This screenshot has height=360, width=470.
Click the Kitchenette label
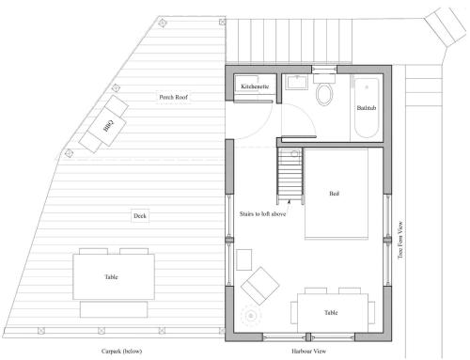pyautogui.click(x=255, y=86)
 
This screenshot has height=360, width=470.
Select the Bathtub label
pyautogui.click(x=367, y=108)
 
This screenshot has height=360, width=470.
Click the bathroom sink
pyautogui.click(x=296, y=82)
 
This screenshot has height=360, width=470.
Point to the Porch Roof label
pyautogui.click(x=173, y=97)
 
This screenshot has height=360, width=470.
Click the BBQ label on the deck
pyautogui.click(x=108, y=125)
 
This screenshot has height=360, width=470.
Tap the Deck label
pyautogui.click(x=140, y=216)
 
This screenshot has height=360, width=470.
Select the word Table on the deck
pyautogui.click(x=111, y=277)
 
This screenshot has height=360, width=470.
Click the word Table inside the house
pyautogui.click(x=331, y=313)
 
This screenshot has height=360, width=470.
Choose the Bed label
pyautogui.click(x=334, y=194)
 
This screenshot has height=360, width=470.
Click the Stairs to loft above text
pyautogui.click(x=262, y=214)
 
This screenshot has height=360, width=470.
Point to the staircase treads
pyautogui.click(x=290, y=175)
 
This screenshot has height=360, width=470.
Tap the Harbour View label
pyautogui.click(x=308, y=352)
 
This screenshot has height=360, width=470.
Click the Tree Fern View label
pyautogui.click(x=400, y=241)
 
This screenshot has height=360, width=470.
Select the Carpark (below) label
pyautogui.click(x=121, y=352)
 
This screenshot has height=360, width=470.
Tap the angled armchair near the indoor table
pyautogui.click(x=260, y=286)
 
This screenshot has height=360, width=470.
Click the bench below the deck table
pyautogui.click(x=114, y=309)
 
